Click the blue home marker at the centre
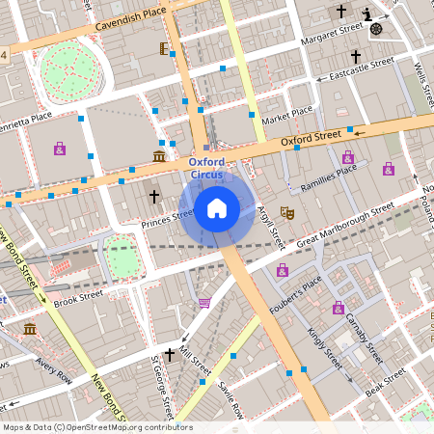tap(217, 207)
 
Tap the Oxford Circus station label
tap(206, 169)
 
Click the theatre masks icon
tap(286, 211)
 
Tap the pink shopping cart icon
tap(204, 303)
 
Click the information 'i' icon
tap(367, 13)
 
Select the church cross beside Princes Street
tap(153, 197)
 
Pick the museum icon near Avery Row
tap(30, 330)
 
